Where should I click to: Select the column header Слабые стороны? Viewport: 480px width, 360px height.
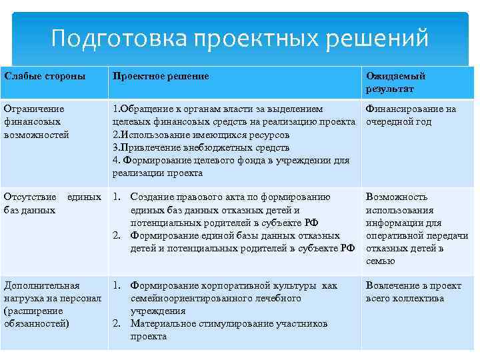pyautogui.click(x=45, y=77)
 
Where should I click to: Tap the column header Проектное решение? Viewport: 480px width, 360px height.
pyautogui.click(x=160, y=77)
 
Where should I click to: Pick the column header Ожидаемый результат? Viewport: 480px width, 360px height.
pyautogui.click(x=395, y=83)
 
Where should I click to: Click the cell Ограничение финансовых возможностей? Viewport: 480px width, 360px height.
pyautogui.click(x=36, y=122)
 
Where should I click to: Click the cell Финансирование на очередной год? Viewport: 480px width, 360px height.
pyautogui.click(x=410, y=115)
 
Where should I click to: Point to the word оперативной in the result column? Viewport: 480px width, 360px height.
pyautogui.click(x=393, y=236)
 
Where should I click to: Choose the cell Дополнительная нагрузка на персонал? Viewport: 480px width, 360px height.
pyautogui.click(x=52, y=305)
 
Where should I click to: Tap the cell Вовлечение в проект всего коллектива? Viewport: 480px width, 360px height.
pyautogui.click(x=413, y=292)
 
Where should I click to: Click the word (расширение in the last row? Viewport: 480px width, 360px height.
pyautogui.click(x=33, y=311)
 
